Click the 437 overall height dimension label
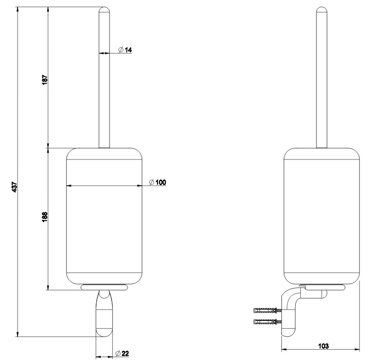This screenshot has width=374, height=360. (14, 187)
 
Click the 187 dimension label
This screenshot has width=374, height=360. (45, 80)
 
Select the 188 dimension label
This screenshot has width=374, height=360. (45, 217)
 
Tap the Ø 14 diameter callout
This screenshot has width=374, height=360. (125, 50)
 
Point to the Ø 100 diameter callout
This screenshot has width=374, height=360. (157, 183)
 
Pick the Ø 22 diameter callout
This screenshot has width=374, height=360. (122, 353)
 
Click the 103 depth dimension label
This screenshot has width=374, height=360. (323, 346)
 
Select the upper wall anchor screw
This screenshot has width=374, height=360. (268, 310)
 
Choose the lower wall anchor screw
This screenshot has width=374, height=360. (268, 321)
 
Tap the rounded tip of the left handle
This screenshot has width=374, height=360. (104, 10)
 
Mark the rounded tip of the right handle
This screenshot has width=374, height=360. (322, 10)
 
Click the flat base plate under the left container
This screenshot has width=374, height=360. (104, 287)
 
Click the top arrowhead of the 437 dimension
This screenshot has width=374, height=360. (17, 10)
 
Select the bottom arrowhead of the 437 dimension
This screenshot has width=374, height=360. (17, 334)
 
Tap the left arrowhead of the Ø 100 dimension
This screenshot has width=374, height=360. (69, 186)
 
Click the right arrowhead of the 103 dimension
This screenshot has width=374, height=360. (357, 350)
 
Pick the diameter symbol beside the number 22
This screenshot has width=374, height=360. (118, 353)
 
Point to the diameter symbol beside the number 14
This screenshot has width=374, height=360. (121, 50)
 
